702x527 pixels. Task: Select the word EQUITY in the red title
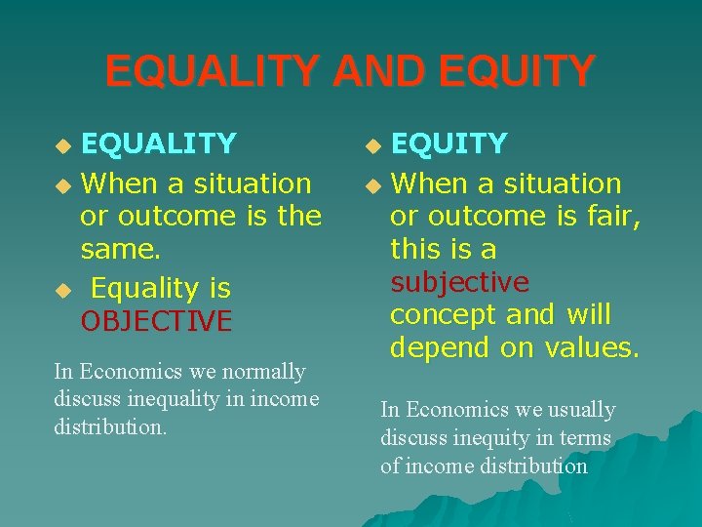(517, 72)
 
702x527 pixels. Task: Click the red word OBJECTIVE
(156, 321)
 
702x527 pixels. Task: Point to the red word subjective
(459, 283)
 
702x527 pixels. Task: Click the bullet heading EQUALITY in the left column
(158, 144)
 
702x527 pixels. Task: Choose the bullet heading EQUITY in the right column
(448, 144)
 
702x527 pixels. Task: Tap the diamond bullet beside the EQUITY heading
(372, 146)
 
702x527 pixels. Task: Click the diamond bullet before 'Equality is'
(63, 291)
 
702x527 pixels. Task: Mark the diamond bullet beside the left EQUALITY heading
(63, 146)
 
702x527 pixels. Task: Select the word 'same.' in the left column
(121, 250)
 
